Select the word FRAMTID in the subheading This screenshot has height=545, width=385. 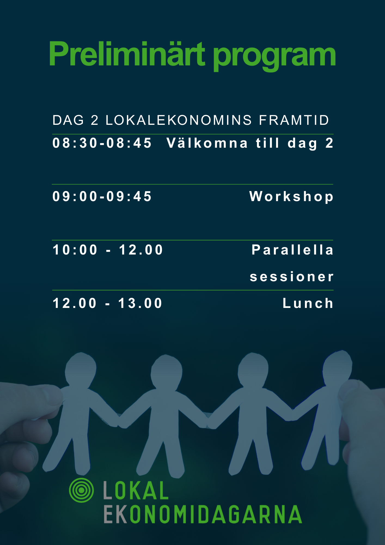click(x=294, y=120)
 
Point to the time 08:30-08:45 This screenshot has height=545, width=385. click(x=102, y=143)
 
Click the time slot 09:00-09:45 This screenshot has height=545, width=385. click(x=102, y=196)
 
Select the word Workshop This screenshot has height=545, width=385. click(x=291, y=197)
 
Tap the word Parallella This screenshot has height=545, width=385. click(x=292, y=250)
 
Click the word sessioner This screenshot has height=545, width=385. click(x=292, y=277)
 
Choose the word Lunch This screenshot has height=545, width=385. click(x=308, y=303)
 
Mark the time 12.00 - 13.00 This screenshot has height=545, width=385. click(x=108, y=303)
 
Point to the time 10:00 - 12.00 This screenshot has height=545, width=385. click(x=108, y=250)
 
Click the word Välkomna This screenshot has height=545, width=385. click(x=207, y=143)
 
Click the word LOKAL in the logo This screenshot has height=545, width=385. click(x=136, y=491)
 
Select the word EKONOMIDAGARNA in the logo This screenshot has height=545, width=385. click(x=203, y=514)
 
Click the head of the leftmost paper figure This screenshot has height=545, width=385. click(x=81, y=369)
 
